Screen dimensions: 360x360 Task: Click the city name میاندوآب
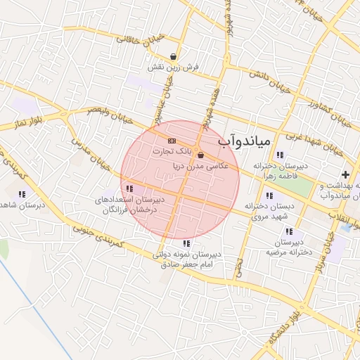tap(243, 141)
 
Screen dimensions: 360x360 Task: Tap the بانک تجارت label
tap(172, 151)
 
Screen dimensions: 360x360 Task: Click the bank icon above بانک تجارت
tap(172, 142)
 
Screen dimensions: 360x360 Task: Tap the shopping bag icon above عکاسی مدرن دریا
tap(201, 155)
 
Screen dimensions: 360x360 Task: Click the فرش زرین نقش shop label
tap(173, 67)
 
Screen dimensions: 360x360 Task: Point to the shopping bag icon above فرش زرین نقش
tap(173, 57)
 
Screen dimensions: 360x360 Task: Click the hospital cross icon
tap(345, 174)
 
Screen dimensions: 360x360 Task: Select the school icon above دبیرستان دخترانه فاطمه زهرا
tap(280, 155)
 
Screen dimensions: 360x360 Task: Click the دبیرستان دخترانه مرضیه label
tap(288, 246)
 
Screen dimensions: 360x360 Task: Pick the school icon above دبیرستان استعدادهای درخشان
tap(129, 188)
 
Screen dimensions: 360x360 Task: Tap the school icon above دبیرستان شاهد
tap(22, 193)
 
